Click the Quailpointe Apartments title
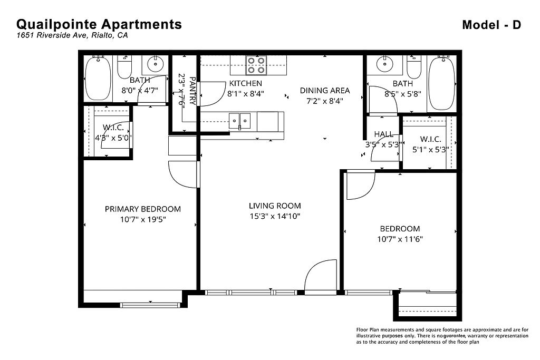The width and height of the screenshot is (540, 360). click(x=99, y=24)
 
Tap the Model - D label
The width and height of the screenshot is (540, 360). click(x=491, y=25)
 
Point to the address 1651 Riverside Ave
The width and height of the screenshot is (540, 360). click(x=52, y=35)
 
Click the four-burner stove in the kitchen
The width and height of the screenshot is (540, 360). click(x=256, y=65)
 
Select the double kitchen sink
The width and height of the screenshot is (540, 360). click(x=240, y=121)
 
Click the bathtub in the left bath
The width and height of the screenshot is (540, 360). click(x=98, y=78)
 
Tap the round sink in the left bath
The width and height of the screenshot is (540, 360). click(x=156, y=64)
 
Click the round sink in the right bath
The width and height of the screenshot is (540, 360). click(x=383, y=64)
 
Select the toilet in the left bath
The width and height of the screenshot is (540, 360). click(x=124, y=67)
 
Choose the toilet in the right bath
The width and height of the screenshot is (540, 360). click(x=414, y=67)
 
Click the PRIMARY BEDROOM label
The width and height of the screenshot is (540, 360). click(x=142, y=209)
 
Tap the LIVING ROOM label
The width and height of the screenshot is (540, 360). click(x=275, y=206)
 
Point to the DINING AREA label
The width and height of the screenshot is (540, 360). click(x=325, y=91)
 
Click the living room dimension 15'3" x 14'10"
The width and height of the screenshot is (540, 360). click(x=275, y=216)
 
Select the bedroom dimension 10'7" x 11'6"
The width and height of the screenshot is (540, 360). click(x=400, y=239)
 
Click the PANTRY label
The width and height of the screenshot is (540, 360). click(x=192, y=91)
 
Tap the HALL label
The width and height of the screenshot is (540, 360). click(x=384, y=134)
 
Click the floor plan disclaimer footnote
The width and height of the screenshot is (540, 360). click(x=442, y=336)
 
